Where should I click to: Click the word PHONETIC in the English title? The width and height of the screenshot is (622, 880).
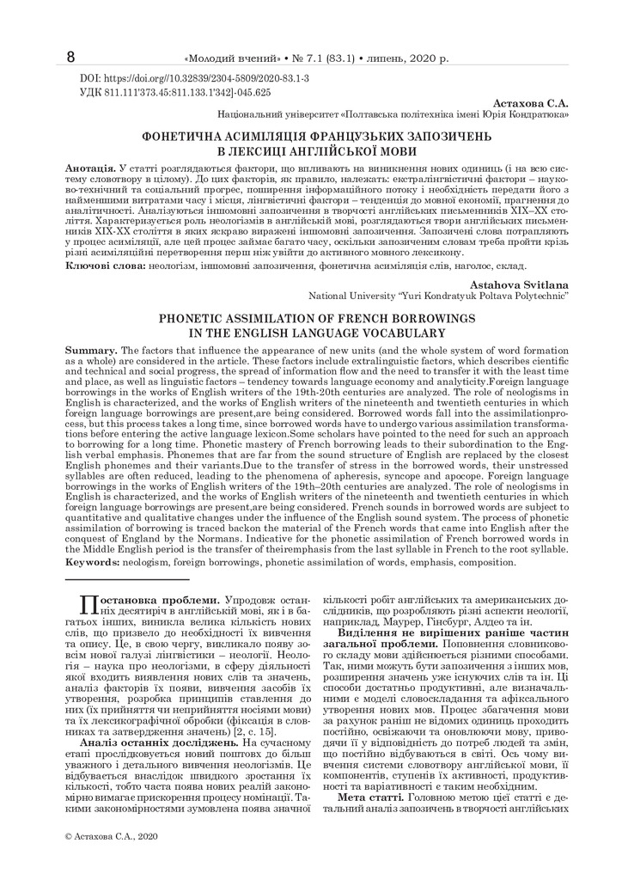click(x=203, y=318)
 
